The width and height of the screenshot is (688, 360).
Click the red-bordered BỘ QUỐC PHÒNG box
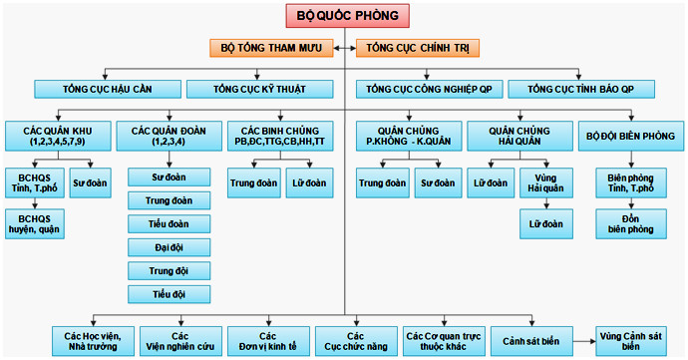coord(346,15)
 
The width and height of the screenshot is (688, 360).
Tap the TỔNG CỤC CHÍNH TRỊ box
coord(418,47)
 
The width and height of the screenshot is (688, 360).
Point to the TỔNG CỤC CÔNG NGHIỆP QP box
coord(428,89)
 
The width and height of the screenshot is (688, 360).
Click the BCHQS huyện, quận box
coord(35,224)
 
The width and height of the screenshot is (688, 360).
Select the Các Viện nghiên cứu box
coord(180,341)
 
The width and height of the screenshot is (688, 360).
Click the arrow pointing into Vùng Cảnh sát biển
coord(587,340)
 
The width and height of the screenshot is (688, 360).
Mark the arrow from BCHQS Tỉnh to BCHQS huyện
coord(35,202)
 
